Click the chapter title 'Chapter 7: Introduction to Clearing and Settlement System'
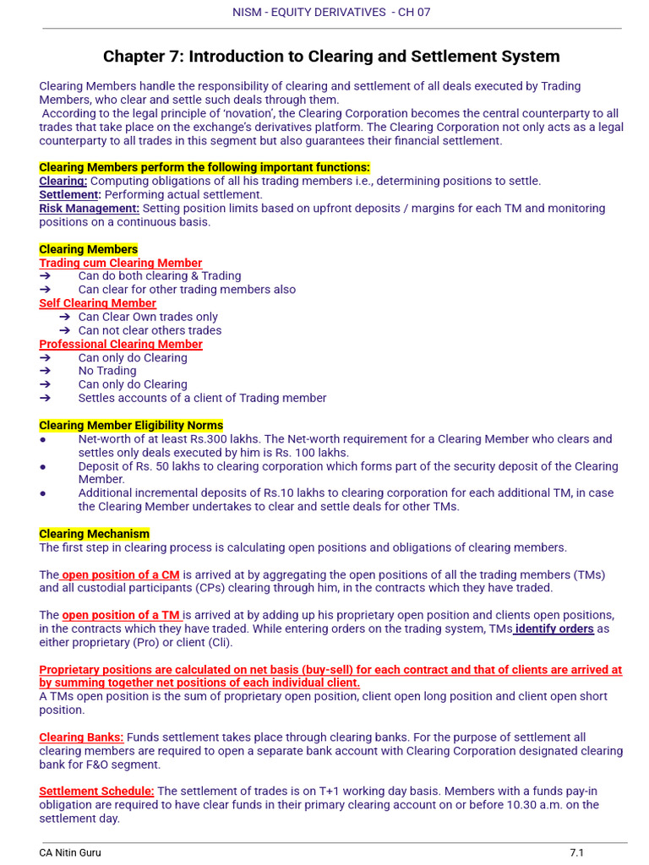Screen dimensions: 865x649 [331, 57]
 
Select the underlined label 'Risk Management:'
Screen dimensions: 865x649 [90, 208]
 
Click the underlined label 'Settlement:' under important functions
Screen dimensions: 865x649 [70, 194]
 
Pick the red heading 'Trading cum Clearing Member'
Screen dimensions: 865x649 [121, 263]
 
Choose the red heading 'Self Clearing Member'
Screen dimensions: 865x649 [97, 303]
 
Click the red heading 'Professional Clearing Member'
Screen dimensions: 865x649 [121, 344]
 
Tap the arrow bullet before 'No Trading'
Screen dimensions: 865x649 [46, 371]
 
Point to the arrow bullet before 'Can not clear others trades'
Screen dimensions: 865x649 [65, 330]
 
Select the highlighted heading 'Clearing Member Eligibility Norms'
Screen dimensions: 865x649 [131, 425]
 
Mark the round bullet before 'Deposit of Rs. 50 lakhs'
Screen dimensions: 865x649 [43, 466]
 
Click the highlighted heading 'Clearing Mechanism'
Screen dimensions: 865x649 [94, 534]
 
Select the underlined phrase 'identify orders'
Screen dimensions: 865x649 [554, 628]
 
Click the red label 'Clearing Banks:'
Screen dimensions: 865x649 [81, 737]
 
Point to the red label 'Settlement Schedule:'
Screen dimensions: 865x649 [96, 791]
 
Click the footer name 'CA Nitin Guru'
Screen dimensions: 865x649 [70, 852]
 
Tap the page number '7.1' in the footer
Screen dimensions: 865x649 [576, 852]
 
